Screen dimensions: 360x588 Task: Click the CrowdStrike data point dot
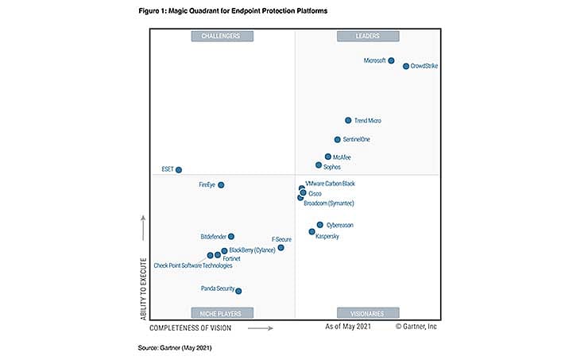click(x=406, y=66)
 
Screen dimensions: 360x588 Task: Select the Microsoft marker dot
click(x=391, y=60)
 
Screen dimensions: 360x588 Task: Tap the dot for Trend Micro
click(x=348, y=121)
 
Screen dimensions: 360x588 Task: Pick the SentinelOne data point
click(x=338, y=140)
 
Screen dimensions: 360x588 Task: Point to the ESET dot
click(x=179, y=169)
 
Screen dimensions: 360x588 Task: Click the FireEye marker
click(x=221, y=185)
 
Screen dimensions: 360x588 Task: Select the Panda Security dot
click(x=238, y=291)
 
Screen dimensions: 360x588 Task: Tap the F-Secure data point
click(x=280, y=248)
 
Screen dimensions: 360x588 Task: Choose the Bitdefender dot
click(x=231, y=237)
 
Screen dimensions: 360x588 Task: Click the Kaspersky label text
click(x=327, y=237)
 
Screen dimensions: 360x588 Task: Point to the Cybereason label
click(x=340, y=226)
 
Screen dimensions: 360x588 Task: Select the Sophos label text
click(x=332, y=167)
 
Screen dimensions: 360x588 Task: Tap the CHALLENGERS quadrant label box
click(x=222, y=36)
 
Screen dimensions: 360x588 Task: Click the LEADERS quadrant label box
click(x=368, y=36)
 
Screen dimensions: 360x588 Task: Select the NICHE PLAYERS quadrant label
click(x=222, y=312)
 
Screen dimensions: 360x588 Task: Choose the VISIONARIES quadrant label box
click(x=368, y=312)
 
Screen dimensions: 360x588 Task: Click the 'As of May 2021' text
click(x=349, y=327)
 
